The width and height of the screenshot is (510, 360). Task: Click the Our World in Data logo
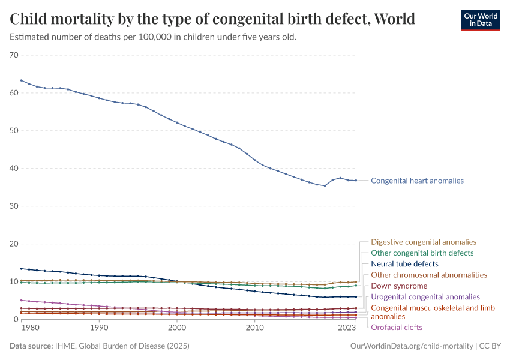(x=480, y=20)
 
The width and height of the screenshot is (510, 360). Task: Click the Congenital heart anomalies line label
(x=417, y=181)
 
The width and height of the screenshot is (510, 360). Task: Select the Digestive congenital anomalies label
(x=424, y=242)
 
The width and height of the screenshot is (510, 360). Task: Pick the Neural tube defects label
(x=404, y=264)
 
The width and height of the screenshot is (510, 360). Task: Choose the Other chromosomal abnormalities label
(x=429, y=275)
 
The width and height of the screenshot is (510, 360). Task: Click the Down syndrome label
(x=399, y=286)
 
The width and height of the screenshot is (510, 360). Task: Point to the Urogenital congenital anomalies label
(x=425, y=297)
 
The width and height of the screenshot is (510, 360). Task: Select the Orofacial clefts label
(x=397, y=328)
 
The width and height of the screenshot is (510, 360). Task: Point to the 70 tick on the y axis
(x=14, y=55)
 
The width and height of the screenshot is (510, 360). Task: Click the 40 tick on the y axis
(x=14, y=169)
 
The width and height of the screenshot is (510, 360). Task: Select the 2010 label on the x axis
(x=255, y=328)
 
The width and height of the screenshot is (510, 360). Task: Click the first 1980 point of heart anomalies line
(x=22, y=80)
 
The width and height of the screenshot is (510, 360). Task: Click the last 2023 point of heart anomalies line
(x=356, y=181)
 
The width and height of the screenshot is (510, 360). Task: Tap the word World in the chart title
(x=394, y=19)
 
